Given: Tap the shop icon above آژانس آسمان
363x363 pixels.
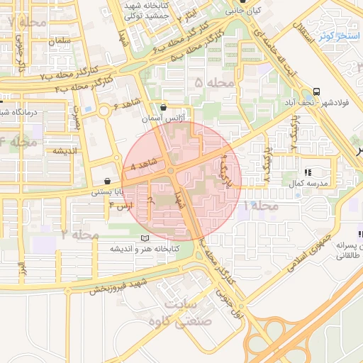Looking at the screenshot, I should (x=164, y=108).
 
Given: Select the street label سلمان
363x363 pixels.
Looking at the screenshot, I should (x=60, y=41).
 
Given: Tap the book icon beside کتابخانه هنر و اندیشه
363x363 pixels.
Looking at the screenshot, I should (x=145, y=238).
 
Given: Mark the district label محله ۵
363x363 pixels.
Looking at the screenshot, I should (x=213, y=84).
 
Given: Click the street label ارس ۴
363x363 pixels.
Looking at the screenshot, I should (x=121, y=206).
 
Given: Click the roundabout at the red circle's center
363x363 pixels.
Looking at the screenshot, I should (x=171, y=171).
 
